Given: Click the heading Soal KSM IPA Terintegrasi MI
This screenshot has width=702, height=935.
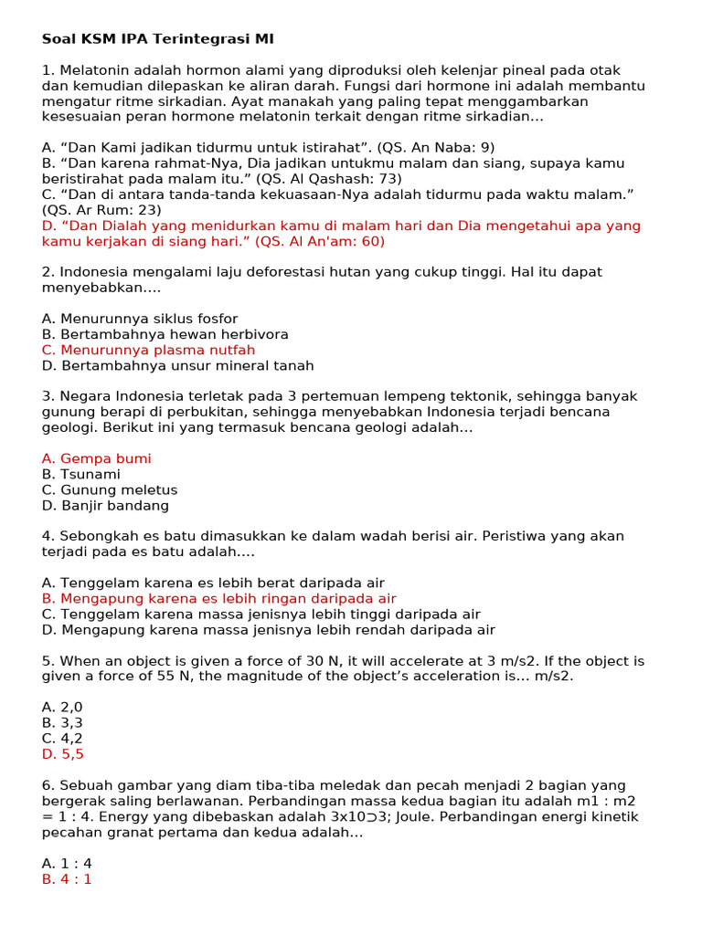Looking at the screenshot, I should (157, 39).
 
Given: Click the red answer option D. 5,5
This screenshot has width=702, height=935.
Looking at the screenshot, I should (63, 754).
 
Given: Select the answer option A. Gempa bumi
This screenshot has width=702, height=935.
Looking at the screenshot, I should (96, 458).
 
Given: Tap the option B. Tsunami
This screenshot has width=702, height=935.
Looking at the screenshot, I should (80, 475).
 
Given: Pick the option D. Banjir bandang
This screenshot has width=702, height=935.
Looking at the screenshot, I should (105, 506).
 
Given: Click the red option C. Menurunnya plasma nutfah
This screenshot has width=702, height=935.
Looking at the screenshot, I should (148, 350).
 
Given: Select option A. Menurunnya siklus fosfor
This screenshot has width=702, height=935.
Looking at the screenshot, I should (140, 319).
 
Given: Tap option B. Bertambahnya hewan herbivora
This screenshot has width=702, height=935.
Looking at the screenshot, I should (165, 334).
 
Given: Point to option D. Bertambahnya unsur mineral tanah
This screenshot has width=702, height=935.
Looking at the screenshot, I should (177, 365).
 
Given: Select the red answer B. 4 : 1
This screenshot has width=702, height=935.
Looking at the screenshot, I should (67, 879).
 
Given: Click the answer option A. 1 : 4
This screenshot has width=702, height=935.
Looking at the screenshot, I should (67, 864).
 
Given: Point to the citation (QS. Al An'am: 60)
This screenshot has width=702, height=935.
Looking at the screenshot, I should (320, 241).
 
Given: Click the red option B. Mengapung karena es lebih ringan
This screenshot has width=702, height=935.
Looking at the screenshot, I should (219, 598).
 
